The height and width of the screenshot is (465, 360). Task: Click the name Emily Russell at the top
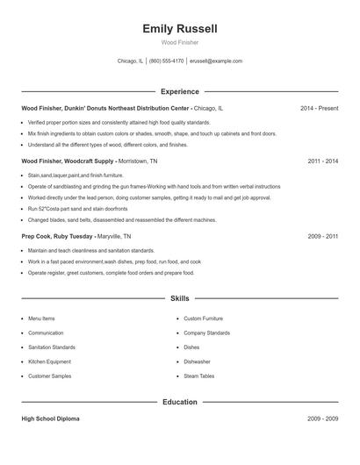tap(179, 28)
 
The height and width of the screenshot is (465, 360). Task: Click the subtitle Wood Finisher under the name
tap(179, 42)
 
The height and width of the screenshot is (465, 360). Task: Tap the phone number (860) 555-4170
tap(167, 61)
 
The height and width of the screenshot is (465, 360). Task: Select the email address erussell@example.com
tap(216, 61)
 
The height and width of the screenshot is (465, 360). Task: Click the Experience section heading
tap(179, 91)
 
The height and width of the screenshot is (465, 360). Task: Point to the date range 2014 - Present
tap(319, 108)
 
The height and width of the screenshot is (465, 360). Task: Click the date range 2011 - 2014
tap(322, 161)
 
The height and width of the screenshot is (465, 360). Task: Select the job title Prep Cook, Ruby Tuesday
tap(57, 237)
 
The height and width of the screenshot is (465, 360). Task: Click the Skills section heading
tap(179, 299)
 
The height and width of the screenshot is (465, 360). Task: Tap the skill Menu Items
tap(41, 318)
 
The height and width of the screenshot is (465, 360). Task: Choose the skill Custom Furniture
tap(203, 318)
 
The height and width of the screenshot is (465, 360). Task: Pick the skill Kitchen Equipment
tap(48, 361)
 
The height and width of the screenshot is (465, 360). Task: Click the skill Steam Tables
tap(198, 376)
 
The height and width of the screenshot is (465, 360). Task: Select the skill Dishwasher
tap(197, 361)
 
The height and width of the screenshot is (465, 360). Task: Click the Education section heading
tap(179, 402)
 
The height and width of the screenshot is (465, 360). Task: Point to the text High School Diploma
tap(50, 418)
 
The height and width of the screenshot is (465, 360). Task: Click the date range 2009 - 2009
tap(322, 418)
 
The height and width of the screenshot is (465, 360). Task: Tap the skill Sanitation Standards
tap(52, 347)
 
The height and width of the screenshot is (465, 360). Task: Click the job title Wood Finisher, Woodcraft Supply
tap(67, 161)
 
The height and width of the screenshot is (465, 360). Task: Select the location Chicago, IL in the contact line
tap(129, 61)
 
